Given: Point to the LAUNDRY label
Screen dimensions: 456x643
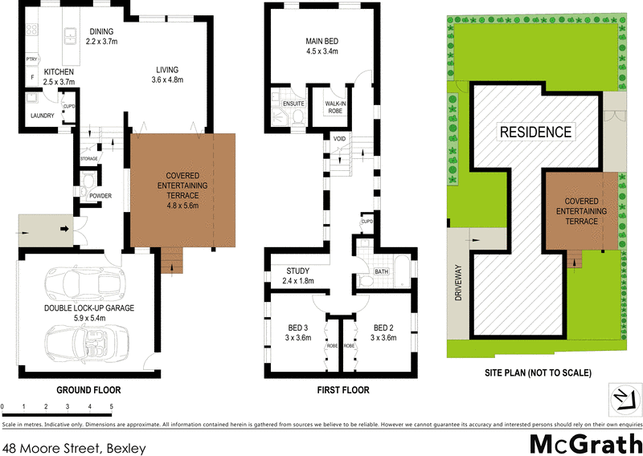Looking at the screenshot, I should pyautogui.click(x=41, y=116).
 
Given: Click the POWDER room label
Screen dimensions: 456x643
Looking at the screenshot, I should pyautogui.click(x=100, y=196).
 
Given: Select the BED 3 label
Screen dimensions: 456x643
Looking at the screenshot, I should pyautogui.click(x=298, y=332).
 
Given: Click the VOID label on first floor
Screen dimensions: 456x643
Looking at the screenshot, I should pyautogui.click(x=338, y=138).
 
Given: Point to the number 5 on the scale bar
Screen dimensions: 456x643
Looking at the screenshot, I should pyautogui.click(x=111, y=408).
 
